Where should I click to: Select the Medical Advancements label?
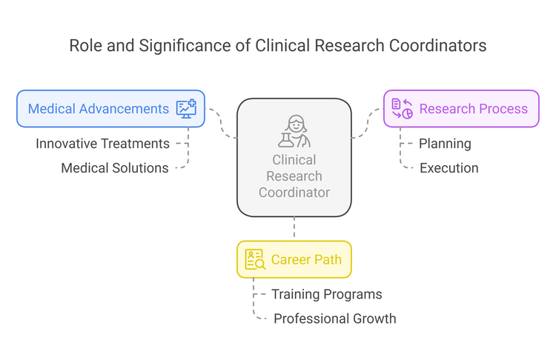pyautogui.click(x=99, y=109)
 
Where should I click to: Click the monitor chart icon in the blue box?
pyautogui.click(x=186, y=109)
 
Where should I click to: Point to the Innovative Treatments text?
pyautogui.click(x=102, y=144)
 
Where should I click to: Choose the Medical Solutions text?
pyautogui.click(x=114, y=168)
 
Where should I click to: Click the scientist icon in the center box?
pyautogui.click(x=294, y=131)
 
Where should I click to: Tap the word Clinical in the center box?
pyautogui.click(x=294, y=160)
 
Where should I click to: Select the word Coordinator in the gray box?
pyautogui.click(x=294, y=193)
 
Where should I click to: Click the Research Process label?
pyautogui.click(x=473, y=109)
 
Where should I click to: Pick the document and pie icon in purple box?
pyautogui.click(x=402, y=109)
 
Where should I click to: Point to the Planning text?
pyautogui.click(x=445, y=144)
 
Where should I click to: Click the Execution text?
pyautogui.click(x=449, y=168)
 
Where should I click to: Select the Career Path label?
pyautogui.click(x=306, y=259)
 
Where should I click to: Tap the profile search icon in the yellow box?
pyautogui.click(x=254, y=259)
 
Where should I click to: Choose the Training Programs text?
pyautogui.click(x=326, y=295)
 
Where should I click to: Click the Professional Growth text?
pyautogui.click(x=334, y=319)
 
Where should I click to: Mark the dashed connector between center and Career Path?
pyautogui.click(x=294, y=228)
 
